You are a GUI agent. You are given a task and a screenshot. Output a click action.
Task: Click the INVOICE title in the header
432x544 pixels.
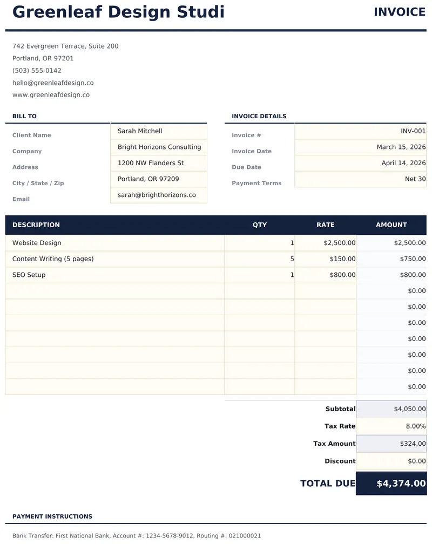[x=400, y=12]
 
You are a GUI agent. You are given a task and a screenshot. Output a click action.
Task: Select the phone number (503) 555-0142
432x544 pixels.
[x=37, y=71]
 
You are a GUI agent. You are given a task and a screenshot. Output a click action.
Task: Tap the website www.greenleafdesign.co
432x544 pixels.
[x=51, y=95]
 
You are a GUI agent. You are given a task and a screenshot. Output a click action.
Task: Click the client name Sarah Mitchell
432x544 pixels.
[x=140, y=131]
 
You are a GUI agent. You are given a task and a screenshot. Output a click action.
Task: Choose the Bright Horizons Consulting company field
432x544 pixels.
[x=159, y=147]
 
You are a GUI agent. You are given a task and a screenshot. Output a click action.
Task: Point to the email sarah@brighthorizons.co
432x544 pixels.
[x=157, y=195]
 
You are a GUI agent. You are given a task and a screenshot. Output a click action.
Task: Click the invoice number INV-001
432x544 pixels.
[x=413, y=131]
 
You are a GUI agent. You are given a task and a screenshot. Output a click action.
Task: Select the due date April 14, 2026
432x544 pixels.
[x=403, y=163]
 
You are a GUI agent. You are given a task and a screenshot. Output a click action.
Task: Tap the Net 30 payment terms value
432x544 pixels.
[x=415, y=179]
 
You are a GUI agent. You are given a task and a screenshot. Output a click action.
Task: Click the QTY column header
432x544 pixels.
[x=260, y=225]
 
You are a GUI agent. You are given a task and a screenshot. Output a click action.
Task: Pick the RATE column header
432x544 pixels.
[x=326, y=225]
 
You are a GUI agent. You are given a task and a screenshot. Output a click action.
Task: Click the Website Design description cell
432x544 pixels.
[x=37, y=243]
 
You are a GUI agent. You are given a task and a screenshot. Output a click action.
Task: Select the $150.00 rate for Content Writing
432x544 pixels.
[x=342, y=259]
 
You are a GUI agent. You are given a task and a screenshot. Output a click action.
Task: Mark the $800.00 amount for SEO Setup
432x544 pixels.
[x=413, y=275]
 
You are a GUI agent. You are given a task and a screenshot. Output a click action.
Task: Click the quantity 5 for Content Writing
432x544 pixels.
[x=292, y=259]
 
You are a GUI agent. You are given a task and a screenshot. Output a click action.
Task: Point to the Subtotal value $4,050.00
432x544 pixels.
[x=409, y=409]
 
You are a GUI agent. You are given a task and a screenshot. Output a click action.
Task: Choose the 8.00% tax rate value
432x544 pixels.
[x=415, y=426]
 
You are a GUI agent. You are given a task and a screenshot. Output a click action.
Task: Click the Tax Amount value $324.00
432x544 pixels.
[x=413, y=444]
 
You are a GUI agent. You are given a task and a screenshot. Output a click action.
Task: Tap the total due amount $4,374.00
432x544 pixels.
[x=401, y=484]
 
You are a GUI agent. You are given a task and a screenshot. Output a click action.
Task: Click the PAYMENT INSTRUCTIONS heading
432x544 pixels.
[x=52, y=516]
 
